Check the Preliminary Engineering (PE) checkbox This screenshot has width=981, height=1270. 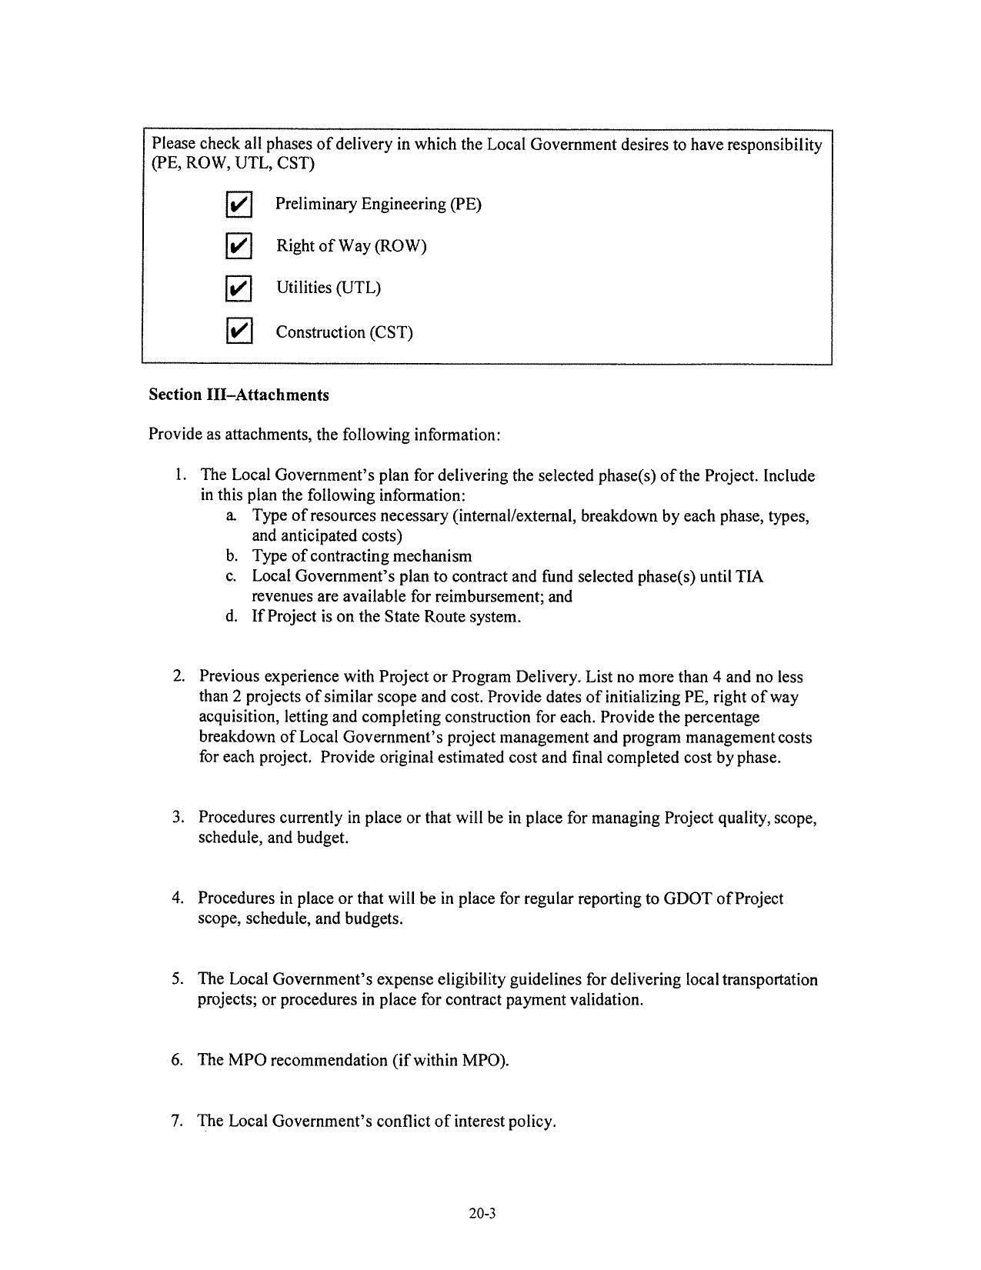tap(239, 205)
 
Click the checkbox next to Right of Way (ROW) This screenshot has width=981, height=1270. tap(239, 246)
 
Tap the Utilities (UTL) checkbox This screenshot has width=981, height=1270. tap(239, 288)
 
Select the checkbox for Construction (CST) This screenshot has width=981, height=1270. tap(239, 332)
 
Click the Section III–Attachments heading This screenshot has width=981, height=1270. tap(239, 395)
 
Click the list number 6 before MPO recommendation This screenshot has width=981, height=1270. tap(177, 1060)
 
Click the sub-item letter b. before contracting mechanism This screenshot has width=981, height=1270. tap(231, 556)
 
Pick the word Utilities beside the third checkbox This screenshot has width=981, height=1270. tap(305, 288)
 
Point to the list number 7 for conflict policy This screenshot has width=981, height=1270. tap(177, 1121)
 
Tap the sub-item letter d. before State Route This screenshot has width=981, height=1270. tap(231, 617)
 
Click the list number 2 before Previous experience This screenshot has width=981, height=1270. tap(178, 677)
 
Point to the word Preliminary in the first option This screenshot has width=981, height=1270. tap(316, 204)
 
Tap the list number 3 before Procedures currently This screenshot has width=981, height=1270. tap(177, 818)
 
